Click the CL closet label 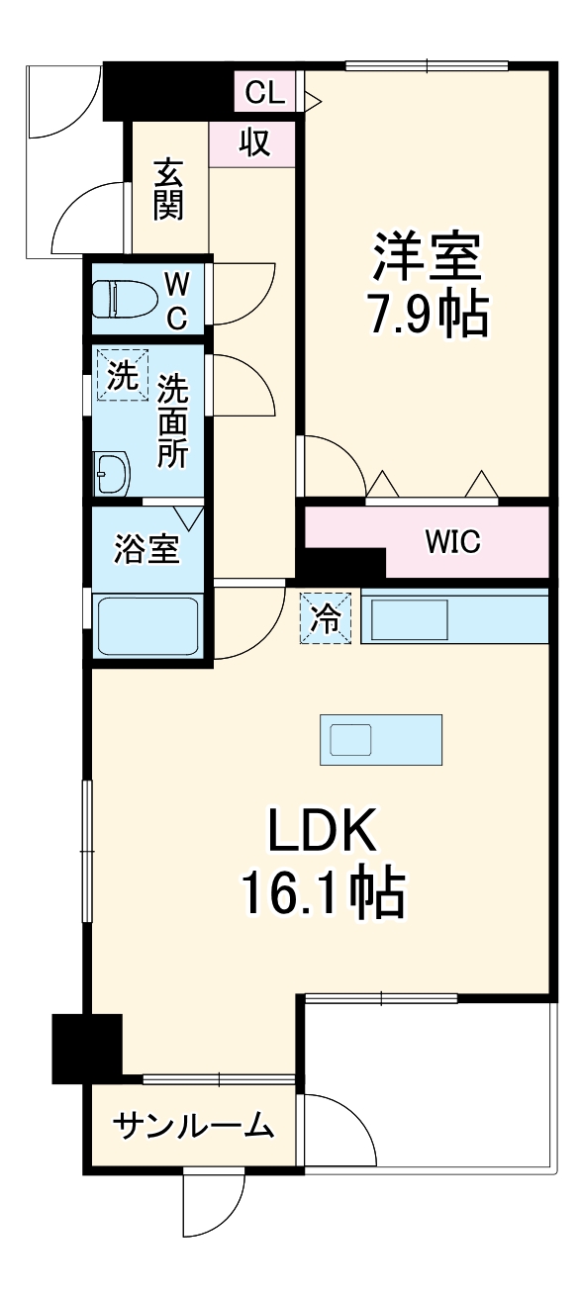click(264, 93)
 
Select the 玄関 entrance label click(168, 190)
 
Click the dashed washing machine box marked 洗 click(122, 377)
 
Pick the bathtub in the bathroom click(147, 626)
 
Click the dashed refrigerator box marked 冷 click(327, 617)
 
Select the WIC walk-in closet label click(452, 541)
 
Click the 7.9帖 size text click(427, 315)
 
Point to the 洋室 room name click(427, 256)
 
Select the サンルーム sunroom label click(193, 1125)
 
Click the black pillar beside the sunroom click(87, 1048)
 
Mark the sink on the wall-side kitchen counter click(409, 619)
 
